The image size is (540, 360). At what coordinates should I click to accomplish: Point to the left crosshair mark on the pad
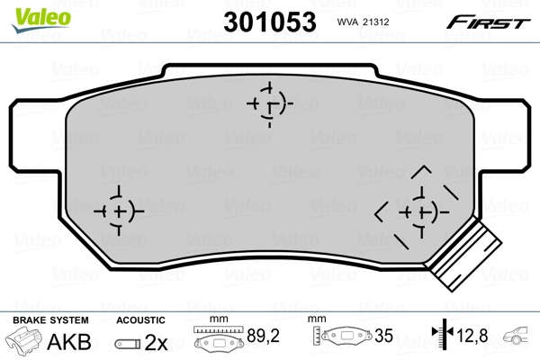[x=118, y=211]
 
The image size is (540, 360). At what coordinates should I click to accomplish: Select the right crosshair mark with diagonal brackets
[x=419, y=211]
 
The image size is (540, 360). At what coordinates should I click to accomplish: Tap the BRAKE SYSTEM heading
[x=49, y=319]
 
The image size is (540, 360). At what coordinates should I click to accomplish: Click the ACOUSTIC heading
[x=140, y=319]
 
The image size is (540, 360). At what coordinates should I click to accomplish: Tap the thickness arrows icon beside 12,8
[x=441, y=338]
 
